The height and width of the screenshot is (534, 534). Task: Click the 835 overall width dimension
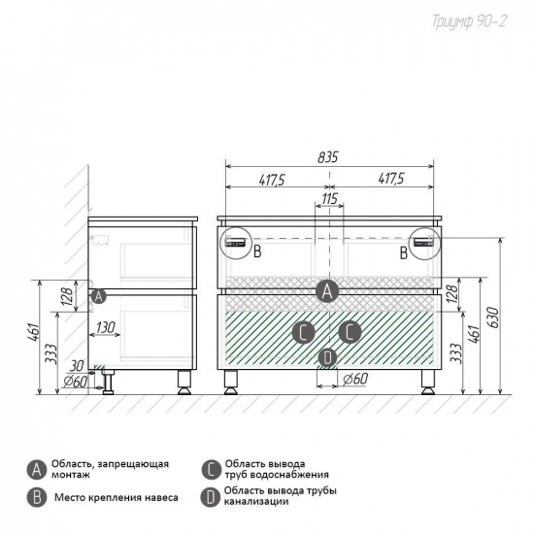(328, 157)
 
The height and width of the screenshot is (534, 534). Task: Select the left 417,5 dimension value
(272, 180)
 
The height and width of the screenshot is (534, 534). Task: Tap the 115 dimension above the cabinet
(330, 198)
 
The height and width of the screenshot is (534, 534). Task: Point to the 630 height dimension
(493, 317)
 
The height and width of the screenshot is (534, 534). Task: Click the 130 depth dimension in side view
(105, 327)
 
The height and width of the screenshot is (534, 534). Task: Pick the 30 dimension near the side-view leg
(77, 366)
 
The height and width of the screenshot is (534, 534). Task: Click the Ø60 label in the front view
(354, 379)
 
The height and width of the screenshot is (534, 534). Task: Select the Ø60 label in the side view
(76, 382)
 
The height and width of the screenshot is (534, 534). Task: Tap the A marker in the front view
(327, 291)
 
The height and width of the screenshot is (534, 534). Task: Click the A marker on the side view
(98, 297)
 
